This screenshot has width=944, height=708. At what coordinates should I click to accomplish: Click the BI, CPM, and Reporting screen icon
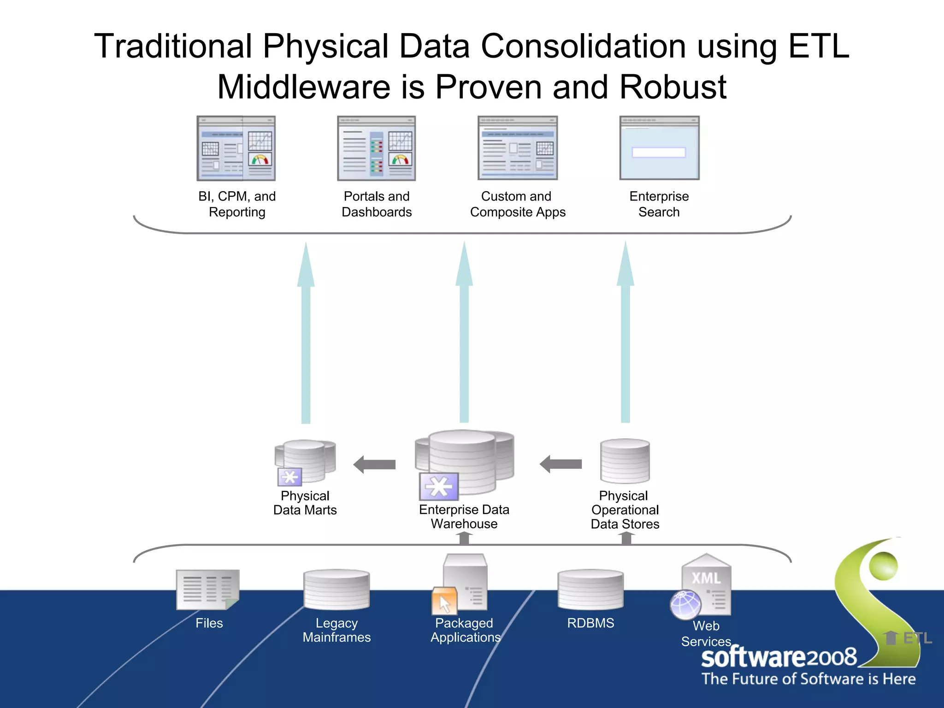(x=236, y=148)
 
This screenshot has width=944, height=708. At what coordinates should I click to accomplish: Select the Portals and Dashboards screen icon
(x=377, y=148)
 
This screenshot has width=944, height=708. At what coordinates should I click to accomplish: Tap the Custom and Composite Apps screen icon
(x=518, y=148)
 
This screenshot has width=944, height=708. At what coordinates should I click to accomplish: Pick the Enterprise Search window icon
(x=659, y=148)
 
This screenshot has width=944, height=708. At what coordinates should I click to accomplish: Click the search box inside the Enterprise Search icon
(x=659, y=152)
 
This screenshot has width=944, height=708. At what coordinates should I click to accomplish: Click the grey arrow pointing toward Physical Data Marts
(x=375, y=464)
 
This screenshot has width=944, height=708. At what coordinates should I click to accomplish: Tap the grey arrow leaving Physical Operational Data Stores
(x=561, y=464)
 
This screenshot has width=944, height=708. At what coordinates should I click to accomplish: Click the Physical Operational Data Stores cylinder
(x=625, y=461)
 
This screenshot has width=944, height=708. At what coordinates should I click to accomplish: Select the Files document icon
(x=208, y=590)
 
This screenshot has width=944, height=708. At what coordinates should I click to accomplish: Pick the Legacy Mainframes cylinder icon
(x=336, y=590)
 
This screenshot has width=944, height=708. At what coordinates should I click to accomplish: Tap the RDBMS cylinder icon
(x=590, y=590)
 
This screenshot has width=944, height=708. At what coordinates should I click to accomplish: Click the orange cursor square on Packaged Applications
(x=444, y=601)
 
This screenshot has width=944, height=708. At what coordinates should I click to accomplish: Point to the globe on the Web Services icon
(x=685, y=604)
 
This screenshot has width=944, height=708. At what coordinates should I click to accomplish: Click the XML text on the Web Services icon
(x=706, y=578)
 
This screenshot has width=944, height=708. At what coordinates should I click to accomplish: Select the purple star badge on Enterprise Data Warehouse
(x=439, y=487)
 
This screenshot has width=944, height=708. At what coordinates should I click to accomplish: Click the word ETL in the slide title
(x=819, y=46)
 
